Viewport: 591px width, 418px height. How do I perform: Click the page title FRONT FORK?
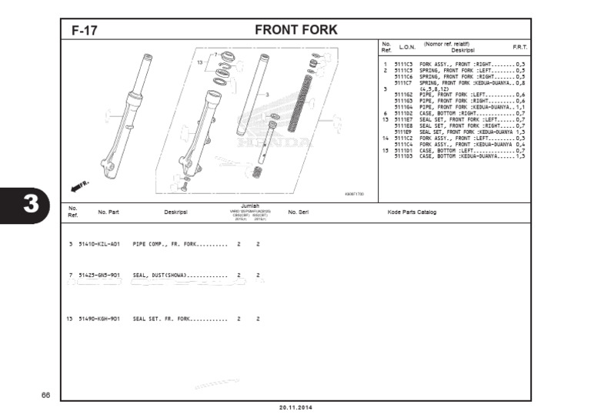point(295,30)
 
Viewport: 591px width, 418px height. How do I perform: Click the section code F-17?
point(84,31)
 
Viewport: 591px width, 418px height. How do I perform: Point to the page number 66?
point(45,396)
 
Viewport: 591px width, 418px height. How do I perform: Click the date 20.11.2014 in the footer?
point(295,408)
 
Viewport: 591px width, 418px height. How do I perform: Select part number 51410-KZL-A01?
point(99,243)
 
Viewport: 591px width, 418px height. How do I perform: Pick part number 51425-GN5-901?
point(99,275)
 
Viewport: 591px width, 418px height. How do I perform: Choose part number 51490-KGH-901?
point(99,318)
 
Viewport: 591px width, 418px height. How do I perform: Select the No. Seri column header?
point(298,212)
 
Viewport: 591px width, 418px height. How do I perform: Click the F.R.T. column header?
point(519,48)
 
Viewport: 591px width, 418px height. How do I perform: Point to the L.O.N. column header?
point(407,48)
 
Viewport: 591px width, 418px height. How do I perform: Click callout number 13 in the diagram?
point(199,62)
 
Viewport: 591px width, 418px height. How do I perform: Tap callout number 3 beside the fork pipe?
point(267,95)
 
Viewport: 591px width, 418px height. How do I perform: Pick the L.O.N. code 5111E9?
point(403,132)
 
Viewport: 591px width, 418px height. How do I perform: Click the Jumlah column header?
point(249,206)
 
